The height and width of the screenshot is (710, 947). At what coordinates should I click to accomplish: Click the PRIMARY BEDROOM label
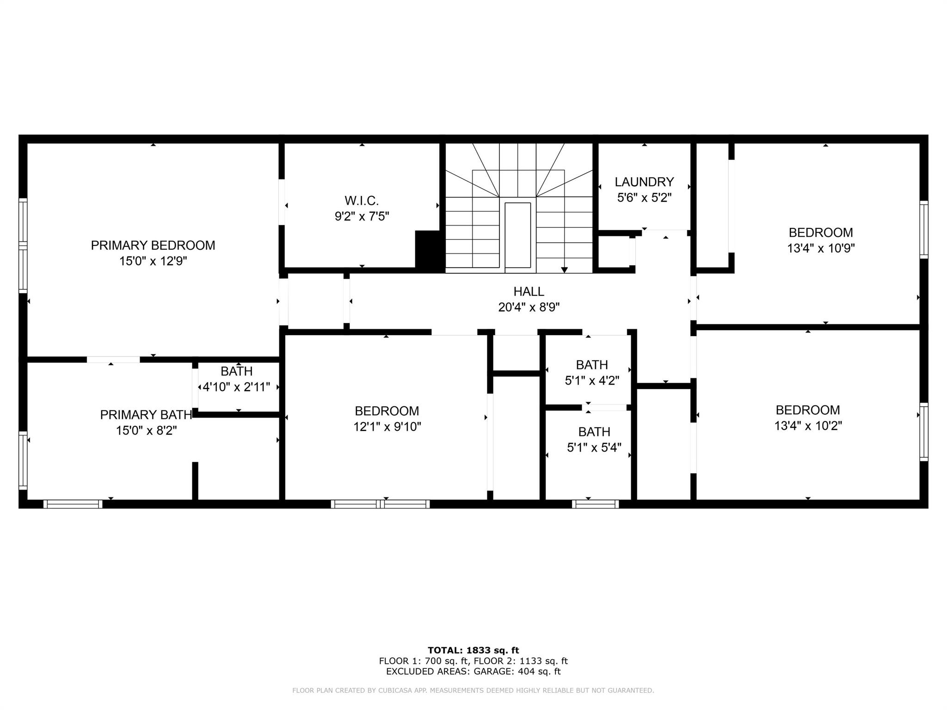tap(153, 245)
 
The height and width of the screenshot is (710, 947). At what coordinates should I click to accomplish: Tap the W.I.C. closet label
tap(362, 201)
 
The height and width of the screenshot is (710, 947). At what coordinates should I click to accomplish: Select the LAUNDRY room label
tap(644, 182)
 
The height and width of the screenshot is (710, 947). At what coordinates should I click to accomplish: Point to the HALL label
tap(529, 292)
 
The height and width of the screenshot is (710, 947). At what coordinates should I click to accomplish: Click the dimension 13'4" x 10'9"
tap(821, 248)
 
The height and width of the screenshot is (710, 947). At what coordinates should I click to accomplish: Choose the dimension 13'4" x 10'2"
tap(808, 426)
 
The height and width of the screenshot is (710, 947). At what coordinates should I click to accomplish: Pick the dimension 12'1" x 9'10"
tap(387, 427)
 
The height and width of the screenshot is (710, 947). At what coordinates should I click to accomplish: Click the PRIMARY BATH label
tap(146, 415)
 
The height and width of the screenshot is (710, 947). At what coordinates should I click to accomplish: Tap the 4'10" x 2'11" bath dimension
tap(236, 387)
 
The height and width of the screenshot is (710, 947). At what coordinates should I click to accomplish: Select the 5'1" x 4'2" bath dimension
tap(592, 380)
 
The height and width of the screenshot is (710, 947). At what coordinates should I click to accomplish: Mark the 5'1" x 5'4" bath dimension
tap(594, 447)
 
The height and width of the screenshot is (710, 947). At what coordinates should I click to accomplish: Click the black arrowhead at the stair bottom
tap(564, 270)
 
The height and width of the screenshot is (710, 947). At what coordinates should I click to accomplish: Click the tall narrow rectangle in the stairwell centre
tap(517, 235)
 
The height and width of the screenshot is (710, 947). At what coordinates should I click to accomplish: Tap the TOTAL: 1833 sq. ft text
tap(473, 650)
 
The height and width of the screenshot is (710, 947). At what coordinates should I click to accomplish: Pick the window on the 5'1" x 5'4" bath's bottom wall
tap(595, 504)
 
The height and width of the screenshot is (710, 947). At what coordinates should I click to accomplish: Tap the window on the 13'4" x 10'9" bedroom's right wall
tap(923, 229)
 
